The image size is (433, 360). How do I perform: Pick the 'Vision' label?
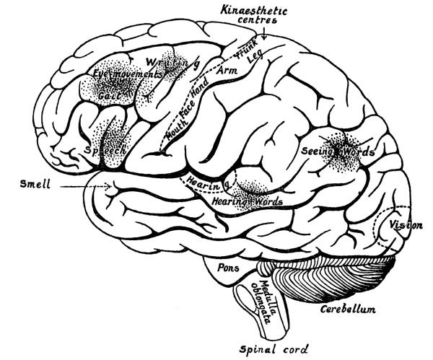(x=405, y=226)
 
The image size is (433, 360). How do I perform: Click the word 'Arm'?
(x=216, y=70)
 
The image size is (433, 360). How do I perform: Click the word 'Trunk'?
(x=248, y=48)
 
